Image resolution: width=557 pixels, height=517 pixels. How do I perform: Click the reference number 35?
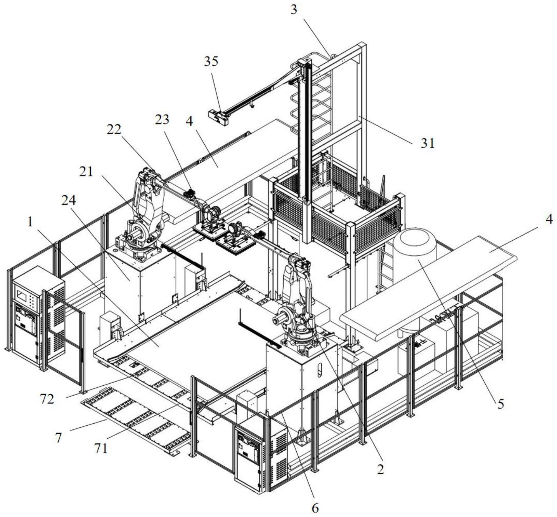click(x=211, y=61)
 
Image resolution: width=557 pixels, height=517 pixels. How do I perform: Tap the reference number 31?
click(x=427, y=143)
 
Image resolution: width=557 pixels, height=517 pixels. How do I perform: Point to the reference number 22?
click(x=114, y=129)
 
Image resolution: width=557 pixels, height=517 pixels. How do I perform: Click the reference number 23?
click(x=162, y=119)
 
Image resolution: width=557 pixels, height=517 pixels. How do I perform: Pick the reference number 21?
click(x=86, y=171)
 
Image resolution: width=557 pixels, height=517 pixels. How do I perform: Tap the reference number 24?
click(x=69, y=200)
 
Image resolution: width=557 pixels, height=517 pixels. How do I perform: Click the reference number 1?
click(x=31, y=222)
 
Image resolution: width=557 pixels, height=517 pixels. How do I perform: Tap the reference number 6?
click(x=315, y=508)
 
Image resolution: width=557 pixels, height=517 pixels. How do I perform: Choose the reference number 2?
click(x=381, y=469)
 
